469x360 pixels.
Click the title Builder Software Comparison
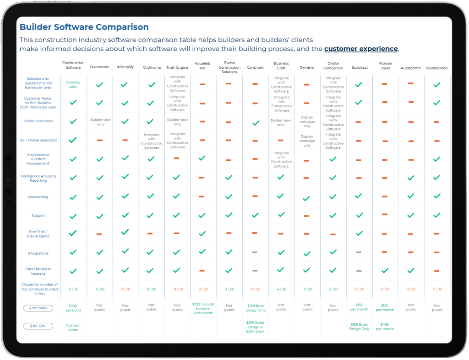click(84, 27)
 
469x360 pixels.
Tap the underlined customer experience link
click(361, 49)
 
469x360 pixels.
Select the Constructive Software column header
click(73, 65)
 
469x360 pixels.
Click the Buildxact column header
click(359, 67)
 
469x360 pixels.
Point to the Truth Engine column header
click(177, 67)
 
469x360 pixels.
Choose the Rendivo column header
click(307, 67)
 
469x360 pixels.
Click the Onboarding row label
click(38, 197)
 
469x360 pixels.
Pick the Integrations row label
click(38, 253)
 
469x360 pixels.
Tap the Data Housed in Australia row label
click(38, 271)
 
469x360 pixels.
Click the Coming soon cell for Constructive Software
click(73, 85)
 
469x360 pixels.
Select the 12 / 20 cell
click(73, 289)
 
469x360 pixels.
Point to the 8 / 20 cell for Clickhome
click(151, 289)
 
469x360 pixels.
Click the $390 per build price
click(73, 308)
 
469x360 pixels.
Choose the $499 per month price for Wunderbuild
click(385, 327)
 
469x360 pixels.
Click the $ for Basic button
click(38, 308)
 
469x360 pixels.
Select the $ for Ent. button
click(38, 326)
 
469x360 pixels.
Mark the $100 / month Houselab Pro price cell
click(203, 308)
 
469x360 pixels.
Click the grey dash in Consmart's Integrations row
click(255, 252)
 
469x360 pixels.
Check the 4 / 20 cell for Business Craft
click(281, 289)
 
